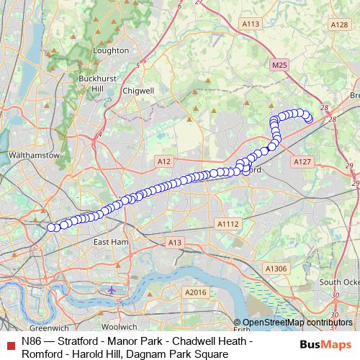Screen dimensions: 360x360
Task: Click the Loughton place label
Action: (x=112, y=50)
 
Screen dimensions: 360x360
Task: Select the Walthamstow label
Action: (x=27, y=155)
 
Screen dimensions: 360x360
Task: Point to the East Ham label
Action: (x=110, y=242)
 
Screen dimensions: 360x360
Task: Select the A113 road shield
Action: (x=251, y=24)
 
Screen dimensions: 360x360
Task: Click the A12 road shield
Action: (x=163, y=162)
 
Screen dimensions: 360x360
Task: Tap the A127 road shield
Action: (x=302, y=163)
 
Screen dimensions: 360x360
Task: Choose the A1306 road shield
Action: (x=274, y=269)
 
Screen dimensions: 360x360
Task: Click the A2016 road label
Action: (x=195, y=292)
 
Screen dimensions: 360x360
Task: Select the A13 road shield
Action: (x=174, y=243)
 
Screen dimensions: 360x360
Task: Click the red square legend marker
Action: (x=9, y=341)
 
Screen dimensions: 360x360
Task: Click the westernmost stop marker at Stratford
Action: (x=51, y=228)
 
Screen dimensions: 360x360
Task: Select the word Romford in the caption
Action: (x=45, y=354)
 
